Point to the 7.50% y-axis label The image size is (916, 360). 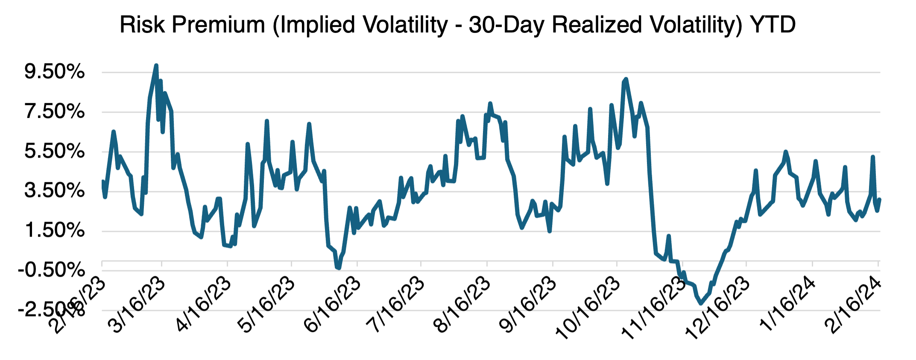[x=54, y=112]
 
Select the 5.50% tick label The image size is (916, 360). [x=54, y=152]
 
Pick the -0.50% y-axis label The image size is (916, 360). [x=51, y=270]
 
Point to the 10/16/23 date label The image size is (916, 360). [x=588, y=308]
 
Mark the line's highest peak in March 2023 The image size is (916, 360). [x=156, y=66]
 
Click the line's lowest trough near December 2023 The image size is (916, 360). [x=701, y=303]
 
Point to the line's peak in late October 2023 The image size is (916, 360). [x=626, y=79]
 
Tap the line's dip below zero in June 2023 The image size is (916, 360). [x=338, y=268]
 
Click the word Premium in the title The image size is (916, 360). [x=218, y=25]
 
